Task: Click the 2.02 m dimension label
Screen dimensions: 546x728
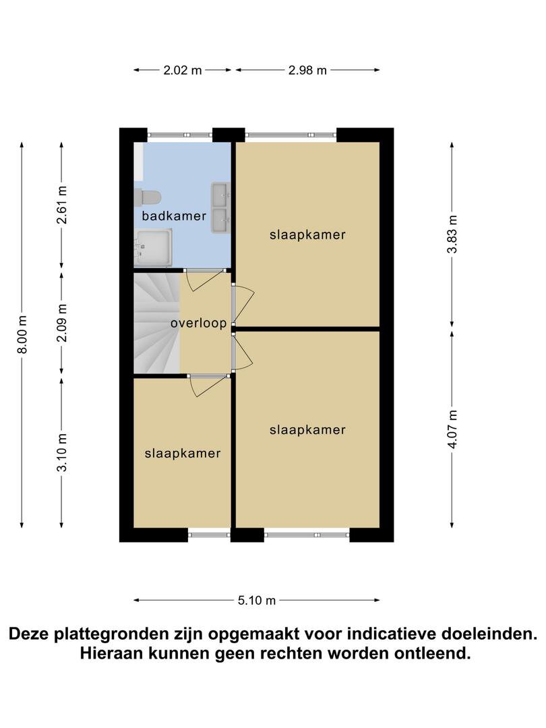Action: pyautogui.click(x=183, y=71)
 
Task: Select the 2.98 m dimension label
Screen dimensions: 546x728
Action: pyautogui.click(x=307, y=71)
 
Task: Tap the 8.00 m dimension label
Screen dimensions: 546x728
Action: pyautogui.click(x=22, y=334)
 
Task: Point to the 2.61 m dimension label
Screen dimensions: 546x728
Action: pyautogui.click(x=62, y=205)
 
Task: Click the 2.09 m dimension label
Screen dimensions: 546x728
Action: pyautogui.click(x=62, y=323)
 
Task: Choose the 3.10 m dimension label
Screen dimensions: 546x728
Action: pyautogui.click(x=62, y=452)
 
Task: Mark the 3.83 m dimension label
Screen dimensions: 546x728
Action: pyautogui.click(x=452, y=234)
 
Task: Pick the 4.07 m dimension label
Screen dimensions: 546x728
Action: pyautogui.click(x=452, y=429)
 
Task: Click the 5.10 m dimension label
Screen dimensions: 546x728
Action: pyautogui.click(x=257, y=601)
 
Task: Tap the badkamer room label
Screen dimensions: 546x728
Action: pyautogui.click(x=174, y=216)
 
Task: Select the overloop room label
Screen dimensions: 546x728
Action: pyautogui.click(x=199, y=323)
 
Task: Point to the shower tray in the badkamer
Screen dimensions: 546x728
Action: pyautogui.click(x=153, y=248)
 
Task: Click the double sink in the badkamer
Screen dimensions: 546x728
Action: pyautogui.click(x=220, y=208)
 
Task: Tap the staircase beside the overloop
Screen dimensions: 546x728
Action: pyautogui.click(x=156, y=323)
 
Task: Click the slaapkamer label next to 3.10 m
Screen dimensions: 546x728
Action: pyautogui.click(x=183, y=453)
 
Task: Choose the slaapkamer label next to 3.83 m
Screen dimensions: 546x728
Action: pyautogui.click(x=307, y=235)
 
